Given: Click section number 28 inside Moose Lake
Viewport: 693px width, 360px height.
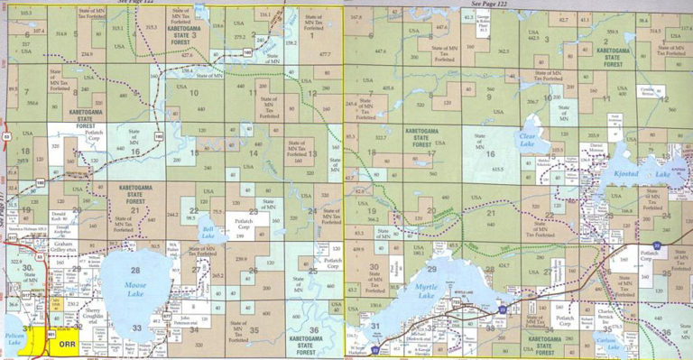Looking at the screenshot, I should [x=135, y=271].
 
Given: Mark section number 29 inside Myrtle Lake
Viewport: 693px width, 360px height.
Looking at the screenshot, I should [x=431, y=270].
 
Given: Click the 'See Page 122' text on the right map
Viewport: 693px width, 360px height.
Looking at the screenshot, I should [x=522, y=5].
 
